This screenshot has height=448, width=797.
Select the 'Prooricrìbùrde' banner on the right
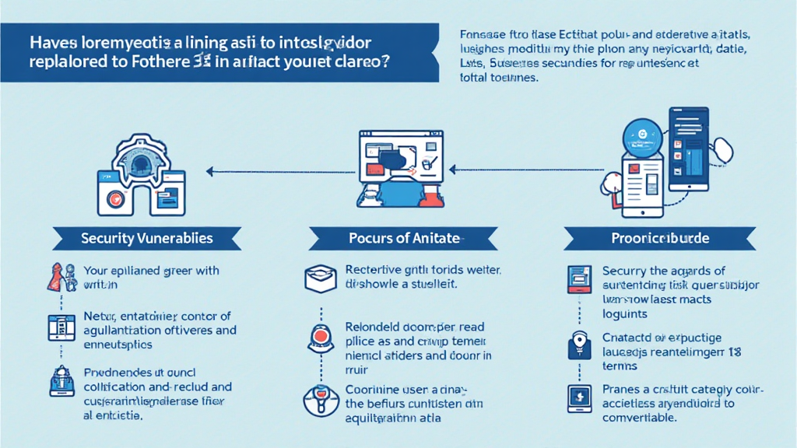(658, 238)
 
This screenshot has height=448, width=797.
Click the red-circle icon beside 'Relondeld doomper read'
(319, 338)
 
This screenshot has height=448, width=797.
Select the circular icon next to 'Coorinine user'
(319, 397)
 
